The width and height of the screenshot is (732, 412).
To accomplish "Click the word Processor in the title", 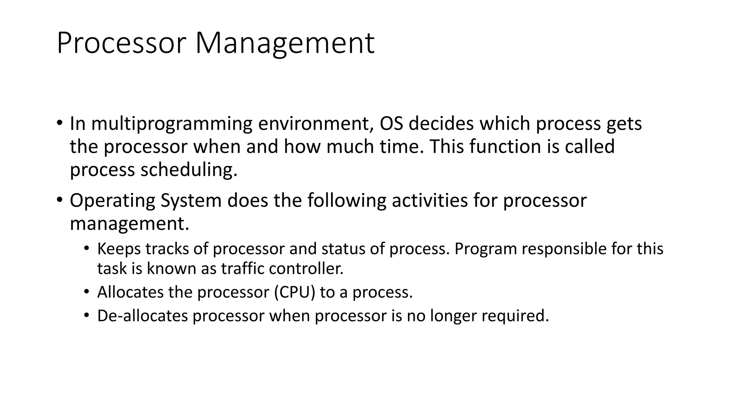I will (121, 43).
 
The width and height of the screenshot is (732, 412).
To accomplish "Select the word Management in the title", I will (285, 43).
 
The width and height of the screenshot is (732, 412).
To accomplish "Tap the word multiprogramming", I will (172, 124).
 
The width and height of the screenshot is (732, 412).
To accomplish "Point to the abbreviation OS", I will (391, 124).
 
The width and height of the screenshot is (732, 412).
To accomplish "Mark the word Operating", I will (112, 200).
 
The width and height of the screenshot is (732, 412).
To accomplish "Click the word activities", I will (430, 200).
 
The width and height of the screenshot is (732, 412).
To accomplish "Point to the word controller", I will (306, 269).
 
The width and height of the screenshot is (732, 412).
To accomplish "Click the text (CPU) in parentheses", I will (295, 292).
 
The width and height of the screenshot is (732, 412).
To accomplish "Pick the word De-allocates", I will (142, 316).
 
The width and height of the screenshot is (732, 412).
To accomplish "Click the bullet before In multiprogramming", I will (59, 123).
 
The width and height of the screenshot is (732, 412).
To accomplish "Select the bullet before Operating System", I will (59, 199).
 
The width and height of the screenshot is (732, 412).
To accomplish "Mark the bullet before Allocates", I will (86, 292).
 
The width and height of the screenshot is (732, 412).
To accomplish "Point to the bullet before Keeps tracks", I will (86, 248).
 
